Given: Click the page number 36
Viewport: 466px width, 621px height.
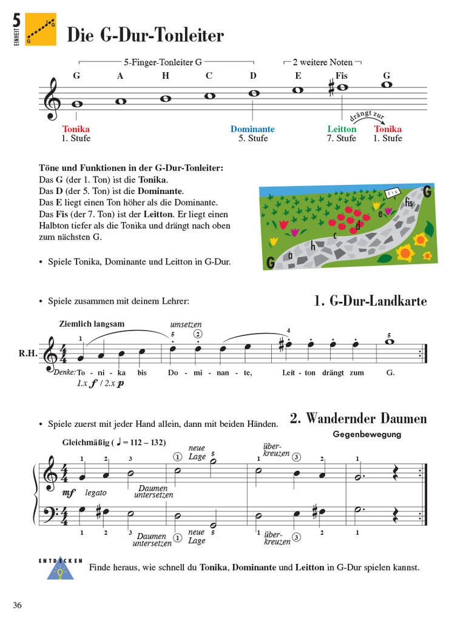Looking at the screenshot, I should point(17,605).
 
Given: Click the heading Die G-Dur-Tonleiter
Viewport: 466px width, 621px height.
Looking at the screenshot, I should point(145,36).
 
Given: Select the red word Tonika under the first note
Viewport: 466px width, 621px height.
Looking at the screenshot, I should point(76,129).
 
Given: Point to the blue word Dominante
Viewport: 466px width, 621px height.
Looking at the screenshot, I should point(252,129).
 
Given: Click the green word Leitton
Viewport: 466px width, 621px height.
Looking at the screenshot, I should point(342,129).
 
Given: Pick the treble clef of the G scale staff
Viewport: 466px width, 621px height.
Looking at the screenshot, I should point(53,99).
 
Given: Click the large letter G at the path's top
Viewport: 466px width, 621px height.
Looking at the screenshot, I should point(427,192).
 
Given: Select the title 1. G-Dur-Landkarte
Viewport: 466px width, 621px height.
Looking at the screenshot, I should point(371,301).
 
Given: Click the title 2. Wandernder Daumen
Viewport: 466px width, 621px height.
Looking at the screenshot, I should point(358,418).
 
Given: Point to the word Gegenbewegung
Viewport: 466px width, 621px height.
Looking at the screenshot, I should point(366,434).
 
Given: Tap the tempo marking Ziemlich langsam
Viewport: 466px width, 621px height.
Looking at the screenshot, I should point(92,324).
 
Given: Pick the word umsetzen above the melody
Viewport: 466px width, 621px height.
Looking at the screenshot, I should point(186,324).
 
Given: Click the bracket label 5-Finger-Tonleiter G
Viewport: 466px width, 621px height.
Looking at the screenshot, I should point(163,62).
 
